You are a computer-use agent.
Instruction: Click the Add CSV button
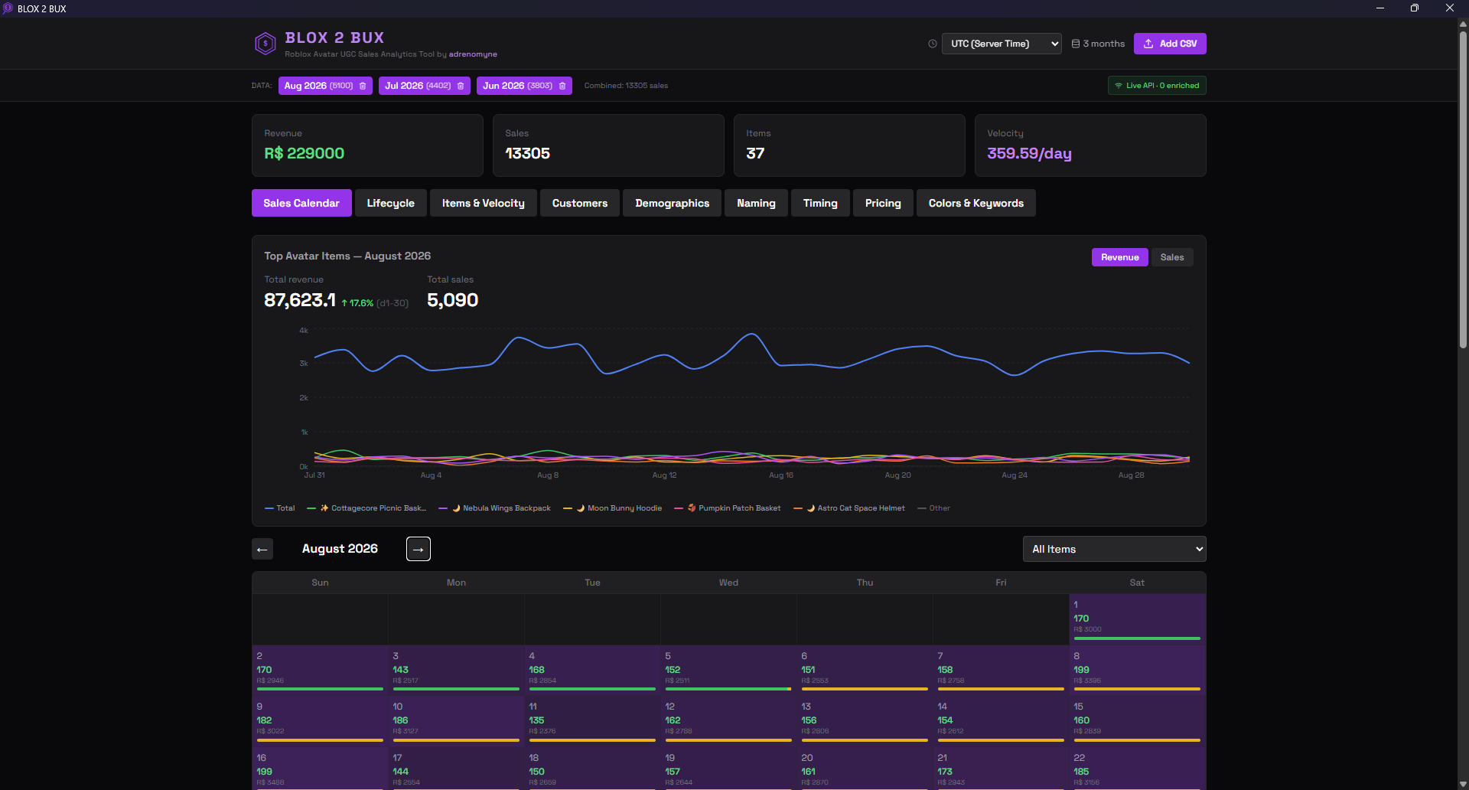[1169, 44]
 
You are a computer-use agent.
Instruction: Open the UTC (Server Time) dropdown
[1001, 44]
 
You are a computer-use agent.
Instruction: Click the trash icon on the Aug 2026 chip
[363, 86]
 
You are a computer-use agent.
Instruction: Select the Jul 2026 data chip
[417, 86]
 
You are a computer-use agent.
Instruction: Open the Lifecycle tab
[390, 203]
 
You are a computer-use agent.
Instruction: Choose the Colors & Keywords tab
[976, 203]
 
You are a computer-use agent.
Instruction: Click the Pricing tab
[882, 203]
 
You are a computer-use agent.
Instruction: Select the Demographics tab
[672, 203]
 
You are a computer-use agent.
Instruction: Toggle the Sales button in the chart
[1171, 257]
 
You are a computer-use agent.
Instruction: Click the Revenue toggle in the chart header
[1119, 257]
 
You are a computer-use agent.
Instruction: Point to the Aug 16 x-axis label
[780, 475]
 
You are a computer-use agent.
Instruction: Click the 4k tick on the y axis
[304, 331]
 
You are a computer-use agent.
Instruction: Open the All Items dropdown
[1114, 549]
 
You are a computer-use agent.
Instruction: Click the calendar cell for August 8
[1137, 670]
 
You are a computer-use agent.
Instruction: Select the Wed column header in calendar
[728, 583]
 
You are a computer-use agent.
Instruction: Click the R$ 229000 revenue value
[305, 153]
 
